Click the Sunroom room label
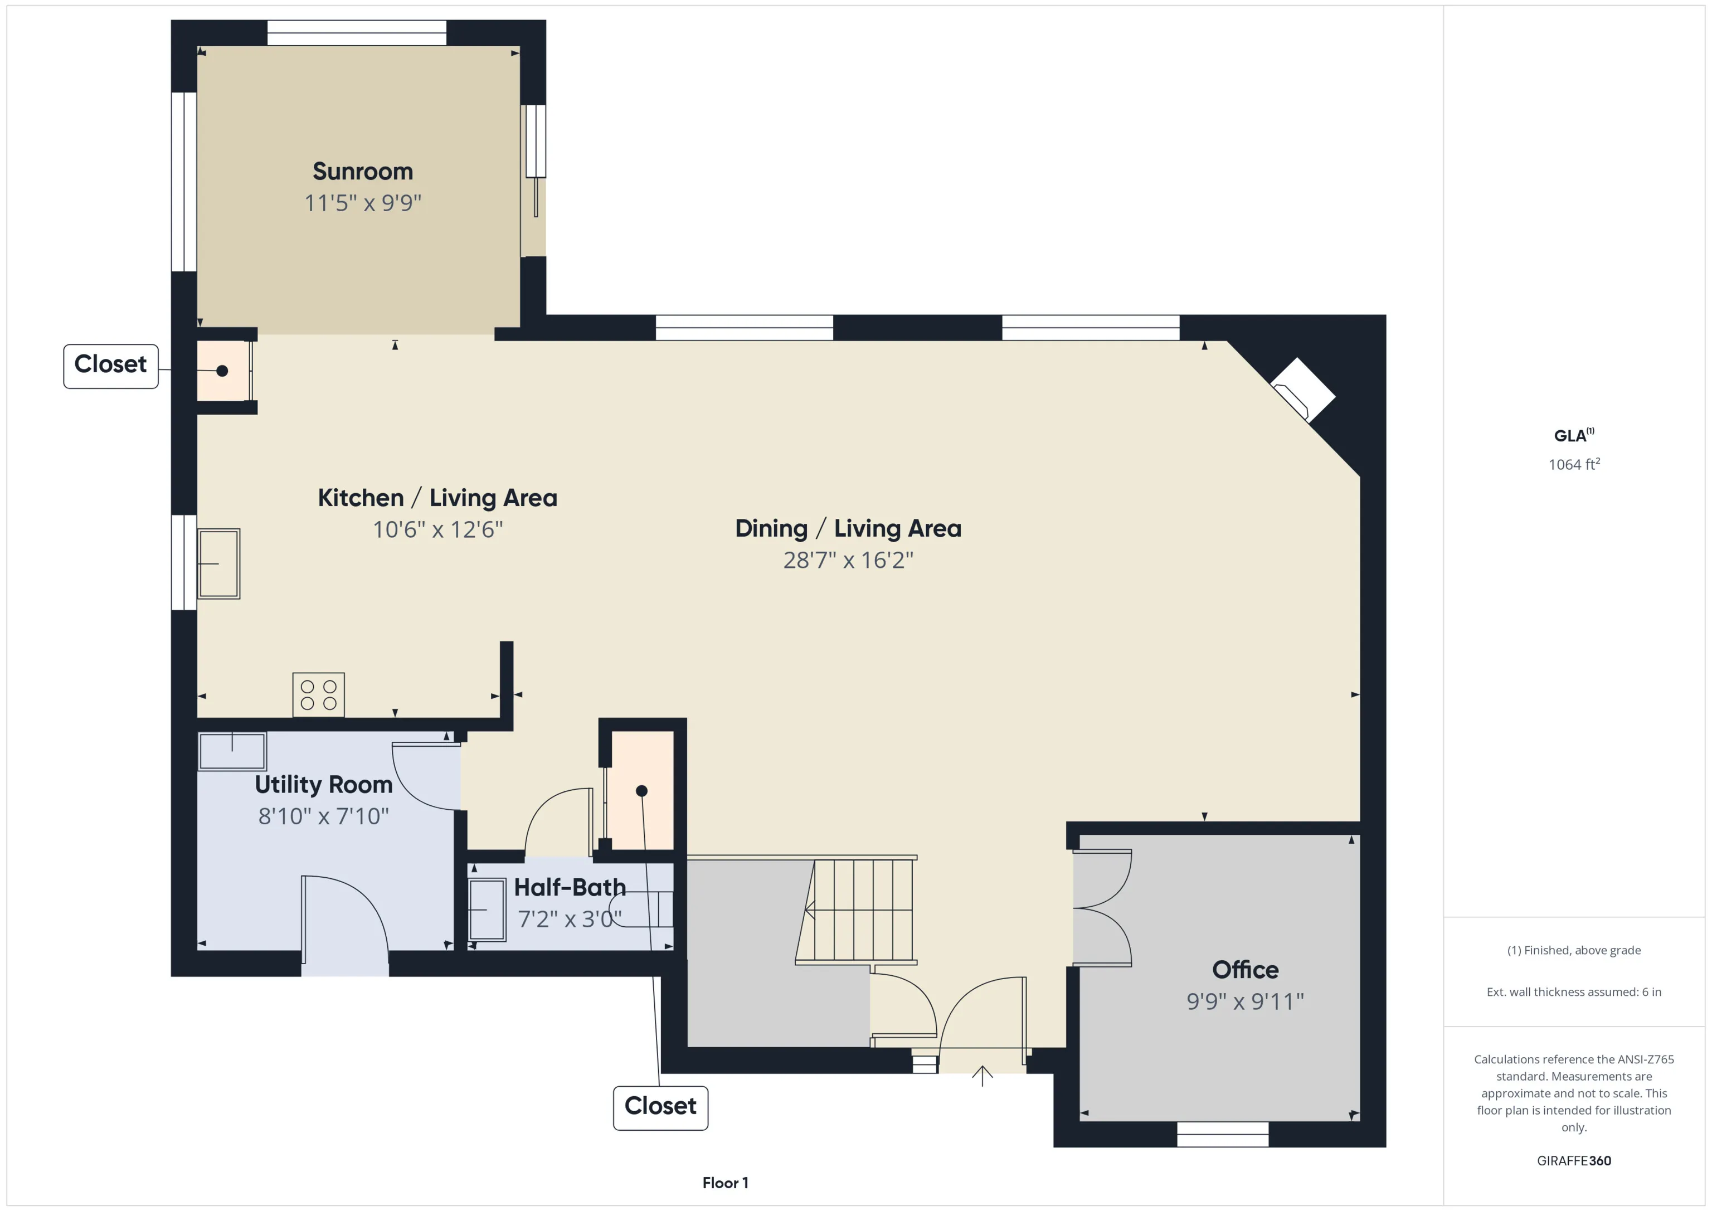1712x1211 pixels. tap(362, 172)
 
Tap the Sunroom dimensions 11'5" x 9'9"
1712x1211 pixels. tap(362, 203)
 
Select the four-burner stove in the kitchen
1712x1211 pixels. tap(318, 694)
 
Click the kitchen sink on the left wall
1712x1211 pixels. tap(218, 564)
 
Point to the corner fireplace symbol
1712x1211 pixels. tap(1302, 390)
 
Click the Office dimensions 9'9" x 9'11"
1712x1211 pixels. tap(1245, 1001)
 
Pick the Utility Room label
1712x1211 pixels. tap(324, 785)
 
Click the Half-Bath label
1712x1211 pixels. tap(570, 887)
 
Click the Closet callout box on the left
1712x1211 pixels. tap(111, 366)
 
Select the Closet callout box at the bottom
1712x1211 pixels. tap(660, 1108)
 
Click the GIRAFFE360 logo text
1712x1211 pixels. tap(1574, 1161)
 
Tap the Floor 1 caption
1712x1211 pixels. tap(726, 1183)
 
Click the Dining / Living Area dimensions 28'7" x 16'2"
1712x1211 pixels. tap(849, 560)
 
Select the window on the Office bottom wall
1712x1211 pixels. tap(1223, 1134)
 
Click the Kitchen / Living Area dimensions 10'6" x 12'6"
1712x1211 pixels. tap(437, 529)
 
